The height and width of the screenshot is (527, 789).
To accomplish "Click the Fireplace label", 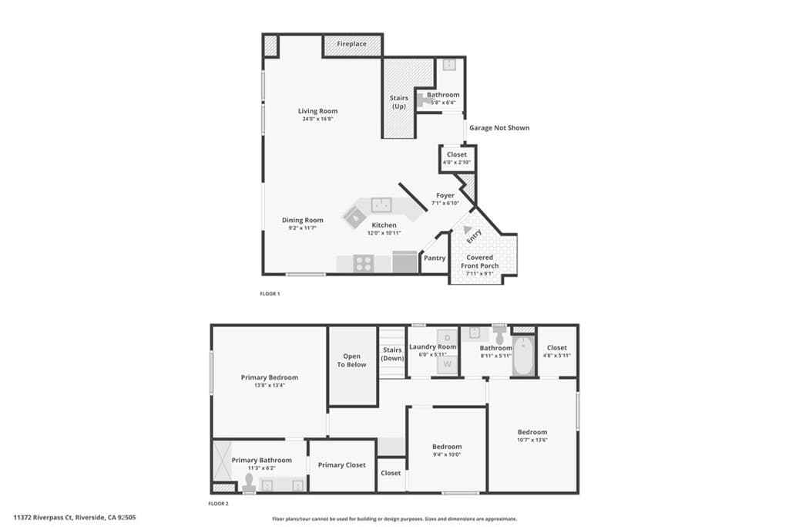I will tap(352, 45).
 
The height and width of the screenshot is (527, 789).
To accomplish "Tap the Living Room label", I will tap(318, 111).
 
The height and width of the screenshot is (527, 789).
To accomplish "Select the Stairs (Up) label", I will tap(398, 102).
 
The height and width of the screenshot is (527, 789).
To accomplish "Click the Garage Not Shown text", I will tap(499, 127).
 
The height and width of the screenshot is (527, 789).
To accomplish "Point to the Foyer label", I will tap(445, 196).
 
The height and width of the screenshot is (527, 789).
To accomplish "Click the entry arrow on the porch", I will tap(468, 230).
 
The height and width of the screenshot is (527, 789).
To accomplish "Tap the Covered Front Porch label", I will tap(480, 262).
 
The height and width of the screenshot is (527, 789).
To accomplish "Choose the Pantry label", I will tap(435, 258).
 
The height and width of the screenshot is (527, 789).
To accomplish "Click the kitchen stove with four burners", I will tap(363, 263).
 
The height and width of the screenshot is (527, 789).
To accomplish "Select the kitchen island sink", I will tap(382, 204).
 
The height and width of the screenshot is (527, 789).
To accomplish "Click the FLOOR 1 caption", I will tap(270, 294).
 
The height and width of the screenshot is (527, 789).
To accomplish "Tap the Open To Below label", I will tap(352, 360).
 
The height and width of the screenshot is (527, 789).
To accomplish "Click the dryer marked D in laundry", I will tap(448, 337).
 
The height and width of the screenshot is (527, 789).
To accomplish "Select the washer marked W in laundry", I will tap(448, 364).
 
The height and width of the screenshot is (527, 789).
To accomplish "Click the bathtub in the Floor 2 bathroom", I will tap(523, 356).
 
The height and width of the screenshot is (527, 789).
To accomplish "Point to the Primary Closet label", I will tap(341, 465).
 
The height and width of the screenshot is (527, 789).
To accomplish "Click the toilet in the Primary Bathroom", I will tap(249, 482).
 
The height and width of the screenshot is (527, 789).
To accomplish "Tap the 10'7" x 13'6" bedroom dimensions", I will tap(532, 441).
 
